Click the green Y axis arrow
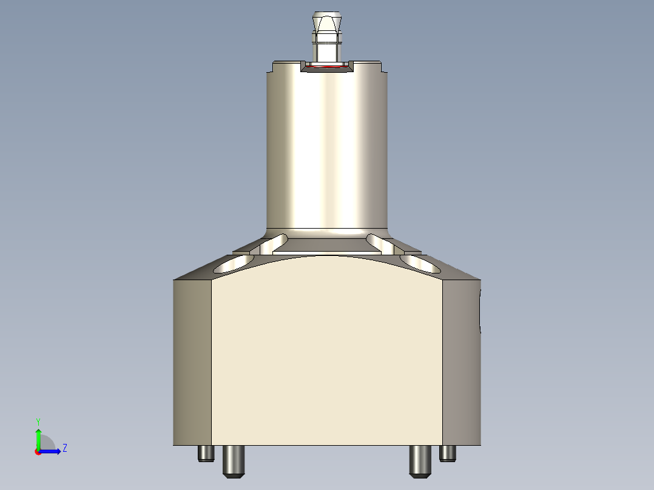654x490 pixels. point(38,437)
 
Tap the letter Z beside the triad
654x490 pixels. point(64,448)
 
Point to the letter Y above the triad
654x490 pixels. point(38,421)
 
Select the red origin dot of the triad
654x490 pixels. point(38,452)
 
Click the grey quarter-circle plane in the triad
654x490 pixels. point(47,443)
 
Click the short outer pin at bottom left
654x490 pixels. point(206,453)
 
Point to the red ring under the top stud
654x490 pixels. point(328,67)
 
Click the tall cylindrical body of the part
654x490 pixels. point(327,146)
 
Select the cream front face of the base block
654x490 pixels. point(326,358)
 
